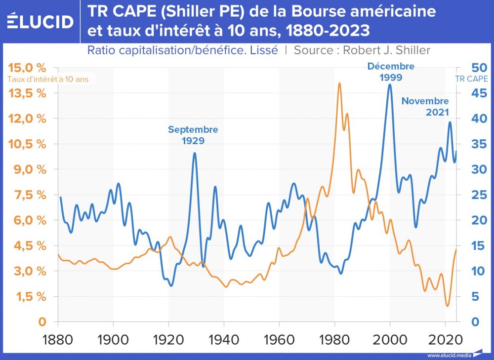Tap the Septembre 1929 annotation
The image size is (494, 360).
coord(193,135)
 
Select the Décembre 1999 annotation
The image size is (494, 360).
coord(391,72)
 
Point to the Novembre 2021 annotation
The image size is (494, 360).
coord(425,106)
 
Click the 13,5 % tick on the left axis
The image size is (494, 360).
coord(30,93)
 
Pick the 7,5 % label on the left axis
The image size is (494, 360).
coord(30,195)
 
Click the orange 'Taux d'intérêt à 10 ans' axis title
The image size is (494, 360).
coord(51,79)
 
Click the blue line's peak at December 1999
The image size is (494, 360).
coord(390,84)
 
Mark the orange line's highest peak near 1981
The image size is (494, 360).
coord(339,83)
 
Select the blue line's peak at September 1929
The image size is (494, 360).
coord(195,153)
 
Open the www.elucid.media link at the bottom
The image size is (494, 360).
coord(449,354)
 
